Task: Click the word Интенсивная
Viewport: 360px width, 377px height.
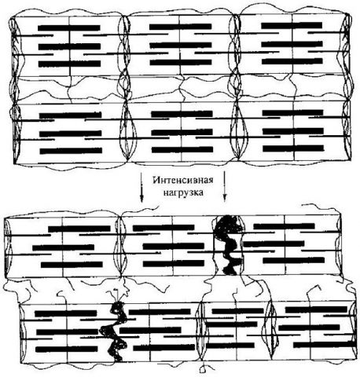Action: pos(183,181)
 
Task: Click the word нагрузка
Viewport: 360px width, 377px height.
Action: pos(183,192)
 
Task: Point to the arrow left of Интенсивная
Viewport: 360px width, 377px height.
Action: pos(141,187)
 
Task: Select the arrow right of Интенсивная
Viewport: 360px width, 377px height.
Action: pos(225,187)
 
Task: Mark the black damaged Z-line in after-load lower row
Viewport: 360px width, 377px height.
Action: pos(114,331)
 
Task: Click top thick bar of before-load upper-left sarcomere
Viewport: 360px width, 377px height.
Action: pos(69,27)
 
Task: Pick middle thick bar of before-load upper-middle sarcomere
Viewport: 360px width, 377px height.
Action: pos(181,45)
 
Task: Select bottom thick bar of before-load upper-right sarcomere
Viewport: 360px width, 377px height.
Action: pos(292,61)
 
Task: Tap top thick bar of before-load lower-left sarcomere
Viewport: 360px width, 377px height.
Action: pos(70,115)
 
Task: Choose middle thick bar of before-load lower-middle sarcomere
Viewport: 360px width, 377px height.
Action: pos(182,132)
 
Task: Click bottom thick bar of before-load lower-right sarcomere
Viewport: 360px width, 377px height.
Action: pos(293,148)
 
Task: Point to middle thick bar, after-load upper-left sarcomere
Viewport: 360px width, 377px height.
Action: pos(63,247)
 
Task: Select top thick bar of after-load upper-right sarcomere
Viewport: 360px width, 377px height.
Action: pos(284,226)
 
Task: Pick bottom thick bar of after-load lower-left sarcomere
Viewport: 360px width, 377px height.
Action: pos(67,349)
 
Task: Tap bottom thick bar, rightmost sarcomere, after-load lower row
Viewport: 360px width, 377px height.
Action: pos(325,344)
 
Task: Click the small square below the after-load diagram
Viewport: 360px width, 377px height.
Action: pos(202,370)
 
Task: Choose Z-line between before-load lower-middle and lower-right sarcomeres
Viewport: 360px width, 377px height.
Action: pos(237,131)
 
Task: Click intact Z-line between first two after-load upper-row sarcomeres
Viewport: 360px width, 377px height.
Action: pos(121,246)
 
